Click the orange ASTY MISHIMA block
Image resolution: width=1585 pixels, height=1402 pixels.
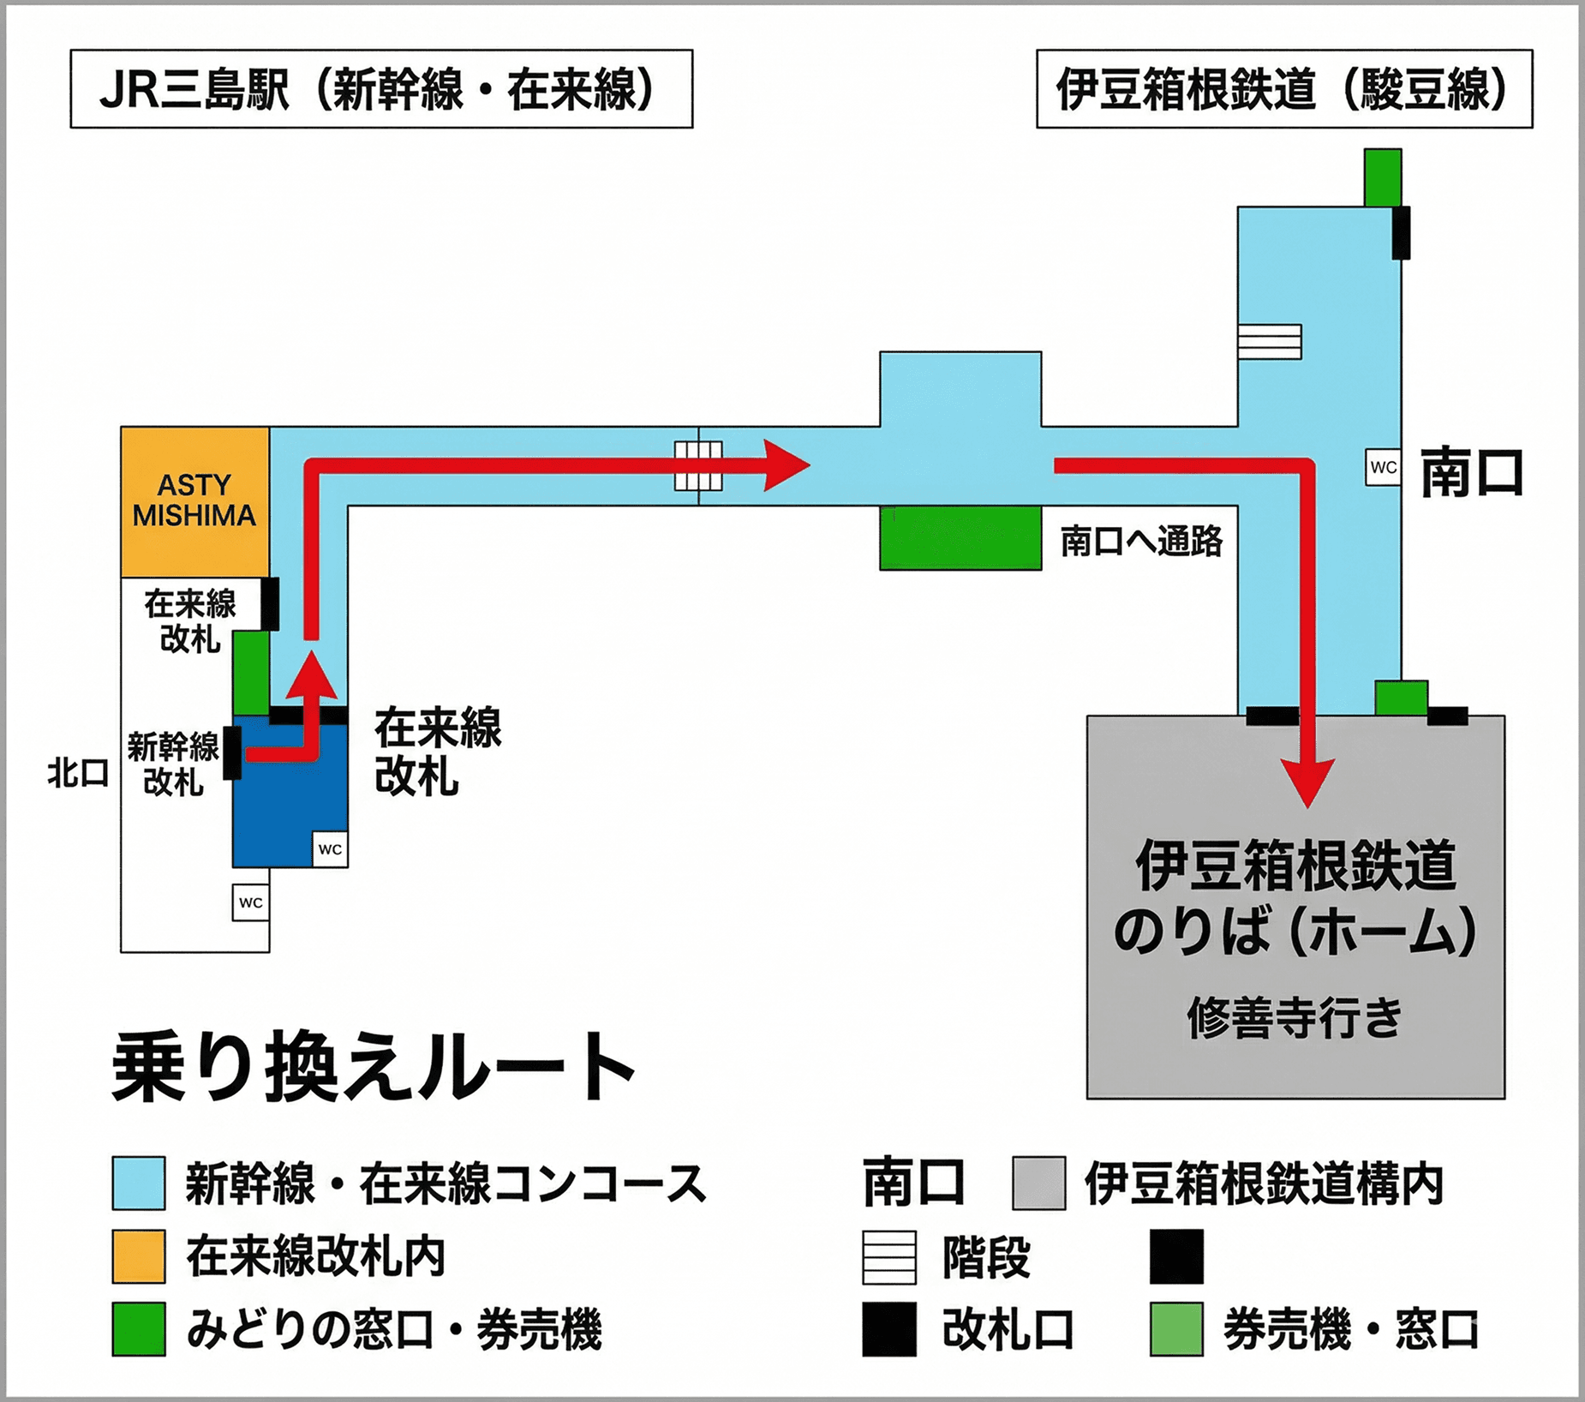pyautogui.click(x=194, y=501)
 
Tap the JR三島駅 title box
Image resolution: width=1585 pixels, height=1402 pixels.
pyautogui.click(x=381, y=89)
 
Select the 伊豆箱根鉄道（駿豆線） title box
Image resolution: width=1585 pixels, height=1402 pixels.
pyautogui.click(x=1283, y=89)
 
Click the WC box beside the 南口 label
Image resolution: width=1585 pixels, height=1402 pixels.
pyautogui.click(x=1383, y=468)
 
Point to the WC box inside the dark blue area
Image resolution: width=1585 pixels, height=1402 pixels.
pyautogui.click(x=330, y=849)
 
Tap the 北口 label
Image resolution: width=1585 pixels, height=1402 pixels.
pyautogui.click(x=78, y=774)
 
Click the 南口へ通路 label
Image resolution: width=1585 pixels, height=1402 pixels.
pyautogui.click(x=1141, y=542)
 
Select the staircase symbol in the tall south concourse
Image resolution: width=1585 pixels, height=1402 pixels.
pyautogui.click(x=1270, y=341)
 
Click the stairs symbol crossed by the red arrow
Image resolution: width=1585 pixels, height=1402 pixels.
pyautogui.click(x=698, y=466)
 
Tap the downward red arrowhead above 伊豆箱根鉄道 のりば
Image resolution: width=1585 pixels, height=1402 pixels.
pyautogui.click(x=1307, y=782)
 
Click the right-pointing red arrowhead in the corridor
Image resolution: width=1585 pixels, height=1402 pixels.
pyautogui.click(x=785, y=466)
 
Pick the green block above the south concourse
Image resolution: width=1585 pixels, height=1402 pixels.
pyautogui.click(x=1382, y=177)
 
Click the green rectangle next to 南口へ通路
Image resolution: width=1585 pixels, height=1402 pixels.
pyautogui.click(x=960, y=537)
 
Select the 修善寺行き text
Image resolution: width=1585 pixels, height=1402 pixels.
pyautogui.click(x=1294, y=1018)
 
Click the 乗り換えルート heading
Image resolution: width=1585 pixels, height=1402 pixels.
pyautogui.click(x=374, y=1068)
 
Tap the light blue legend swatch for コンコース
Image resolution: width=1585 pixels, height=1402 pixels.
pyautogui.click(x=139, y=1183)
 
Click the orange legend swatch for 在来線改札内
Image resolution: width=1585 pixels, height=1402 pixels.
pyautogui.click(x=139, y=1256)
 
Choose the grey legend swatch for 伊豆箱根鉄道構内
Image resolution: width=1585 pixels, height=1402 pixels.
pyautogui.click(x=1038, y=1183)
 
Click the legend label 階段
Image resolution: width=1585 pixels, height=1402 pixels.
pyautogui.click(x=986, y=1258)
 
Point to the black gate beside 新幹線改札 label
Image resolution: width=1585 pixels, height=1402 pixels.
pyautogui.click(x=231, y=752)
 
